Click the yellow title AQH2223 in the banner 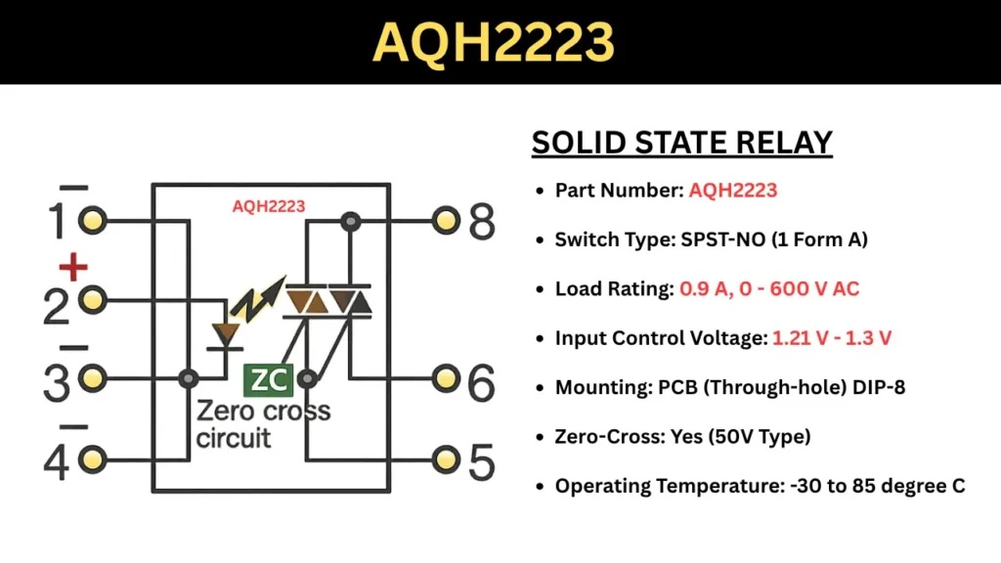(x=493, y=42)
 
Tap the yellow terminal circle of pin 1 (x=93, y=220)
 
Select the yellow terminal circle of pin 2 (x=93, y=300)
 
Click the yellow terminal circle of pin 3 (x=93, y=378)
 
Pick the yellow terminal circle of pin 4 (x=93, y=459)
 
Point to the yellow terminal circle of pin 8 (x=446, y=220)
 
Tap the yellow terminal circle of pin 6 (x=446, y=378)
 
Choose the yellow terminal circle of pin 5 (x=446, y=459)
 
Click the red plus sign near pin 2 (x=72, y=267)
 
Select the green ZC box (x=268, y=380)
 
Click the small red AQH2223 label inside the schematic (x=269, y=206)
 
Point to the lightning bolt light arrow (x=257, y=299)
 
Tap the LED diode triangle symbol (x=226, y=334)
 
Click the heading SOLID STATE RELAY (x=681, y=143)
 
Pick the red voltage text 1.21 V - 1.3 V (x=832, y=337)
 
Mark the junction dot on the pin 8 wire (x=351, y=221)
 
